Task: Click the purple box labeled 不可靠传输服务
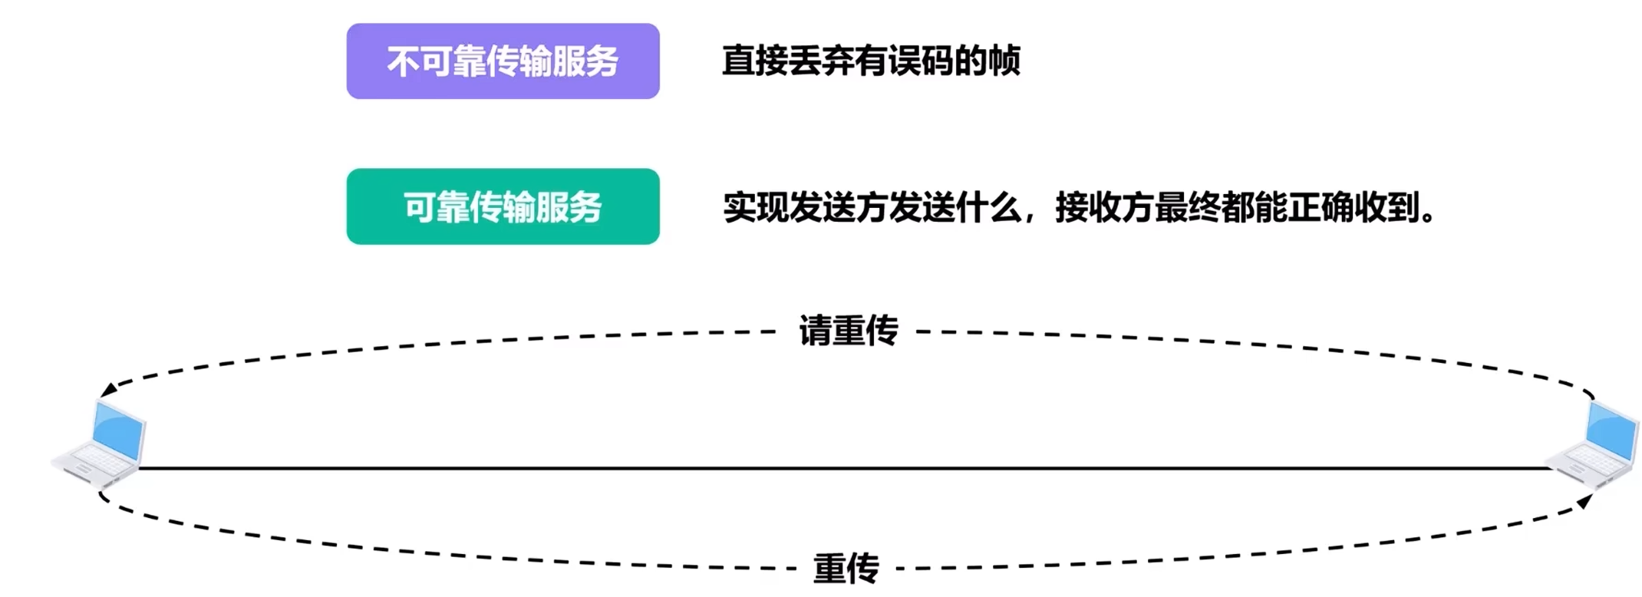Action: coord(503,61)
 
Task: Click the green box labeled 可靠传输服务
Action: coord(503,206)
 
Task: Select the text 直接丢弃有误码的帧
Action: coord(871,61)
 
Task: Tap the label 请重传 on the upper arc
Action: coord(848,331)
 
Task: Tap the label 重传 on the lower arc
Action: coord(846,569)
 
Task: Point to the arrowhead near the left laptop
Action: coord(108,389)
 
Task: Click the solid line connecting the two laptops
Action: coord(844,467)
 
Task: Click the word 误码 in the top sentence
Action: coord(921,61)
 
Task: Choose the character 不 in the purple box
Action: coord(403,61)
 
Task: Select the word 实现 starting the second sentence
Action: coord(755,207)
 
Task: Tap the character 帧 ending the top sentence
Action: coord(1004,61)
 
